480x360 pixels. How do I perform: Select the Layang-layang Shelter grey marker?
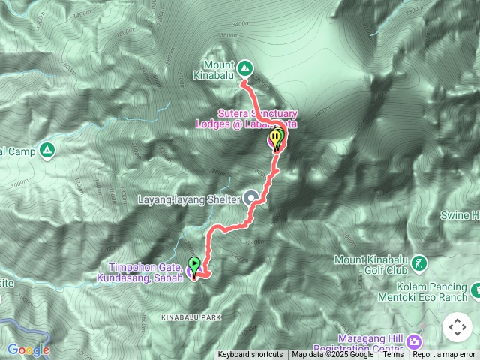pos(253,199)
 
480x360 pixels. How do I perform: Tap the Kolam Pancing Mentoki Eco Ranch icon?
pos(475,288)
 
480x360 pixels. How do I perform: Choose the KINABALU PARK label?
pos(191,318)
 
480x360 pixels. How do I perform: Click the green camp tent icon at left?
pos(47,151)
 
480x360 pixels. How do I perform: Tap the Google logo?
pos(28,349)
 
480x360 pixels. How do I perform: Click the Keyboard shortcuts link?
pos(250,355)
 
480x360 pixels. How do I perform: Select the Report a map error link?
pos(445,355)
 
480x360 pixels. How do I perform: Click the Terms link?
pos(393,355)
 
